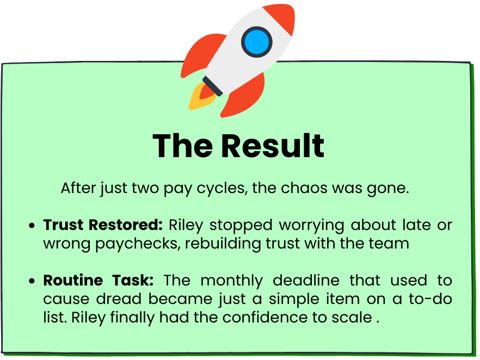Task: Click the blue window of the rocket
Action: [256, 42]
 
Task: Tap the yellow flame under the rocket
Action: [199, 97]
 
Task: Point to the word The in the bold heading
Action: [182, 146]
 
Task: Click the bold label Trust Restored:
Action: [103, 225]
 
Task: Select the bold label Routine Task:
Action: [99, 280]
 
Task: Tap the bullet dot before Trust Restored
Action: [32, 226]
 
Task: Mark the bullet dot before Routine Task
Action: [32, 281]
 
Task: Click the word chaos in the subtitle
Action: [304, 188]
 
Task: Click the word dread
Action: [119, 299]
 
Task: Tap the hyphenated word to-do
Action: [430, 299]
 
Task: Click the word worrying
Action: [312, 226]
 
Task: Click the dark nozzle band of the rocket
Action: [212, 86]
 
